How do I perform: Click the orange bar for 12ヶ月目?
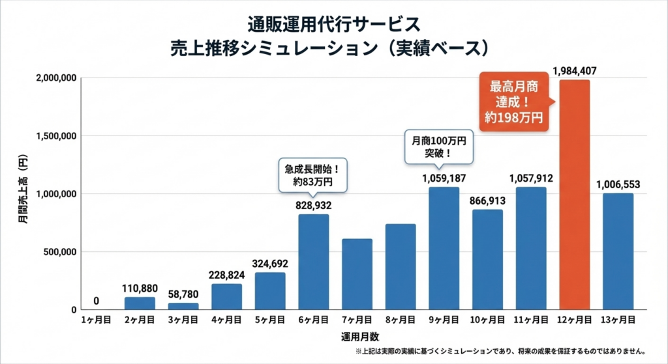click(574, 195)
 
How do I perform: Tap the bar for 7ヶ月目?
click(357, 274)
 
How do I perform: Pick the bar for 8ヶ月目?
click(401, 267)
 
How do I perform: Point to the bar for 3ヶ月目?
click(183, 306)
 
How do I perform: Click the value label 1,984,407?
click(574, 70)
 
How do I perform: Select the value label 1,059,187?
click(444, 177)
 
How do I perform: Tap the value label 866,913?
click(487, 200)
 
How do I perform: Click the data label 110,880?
click(140, 287)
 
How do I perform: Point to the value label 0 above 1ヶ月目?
click(97, 301)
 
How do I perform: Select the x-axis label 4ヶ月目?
click(226, 320)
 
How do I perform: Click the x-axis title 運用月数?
click(357, 337)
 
